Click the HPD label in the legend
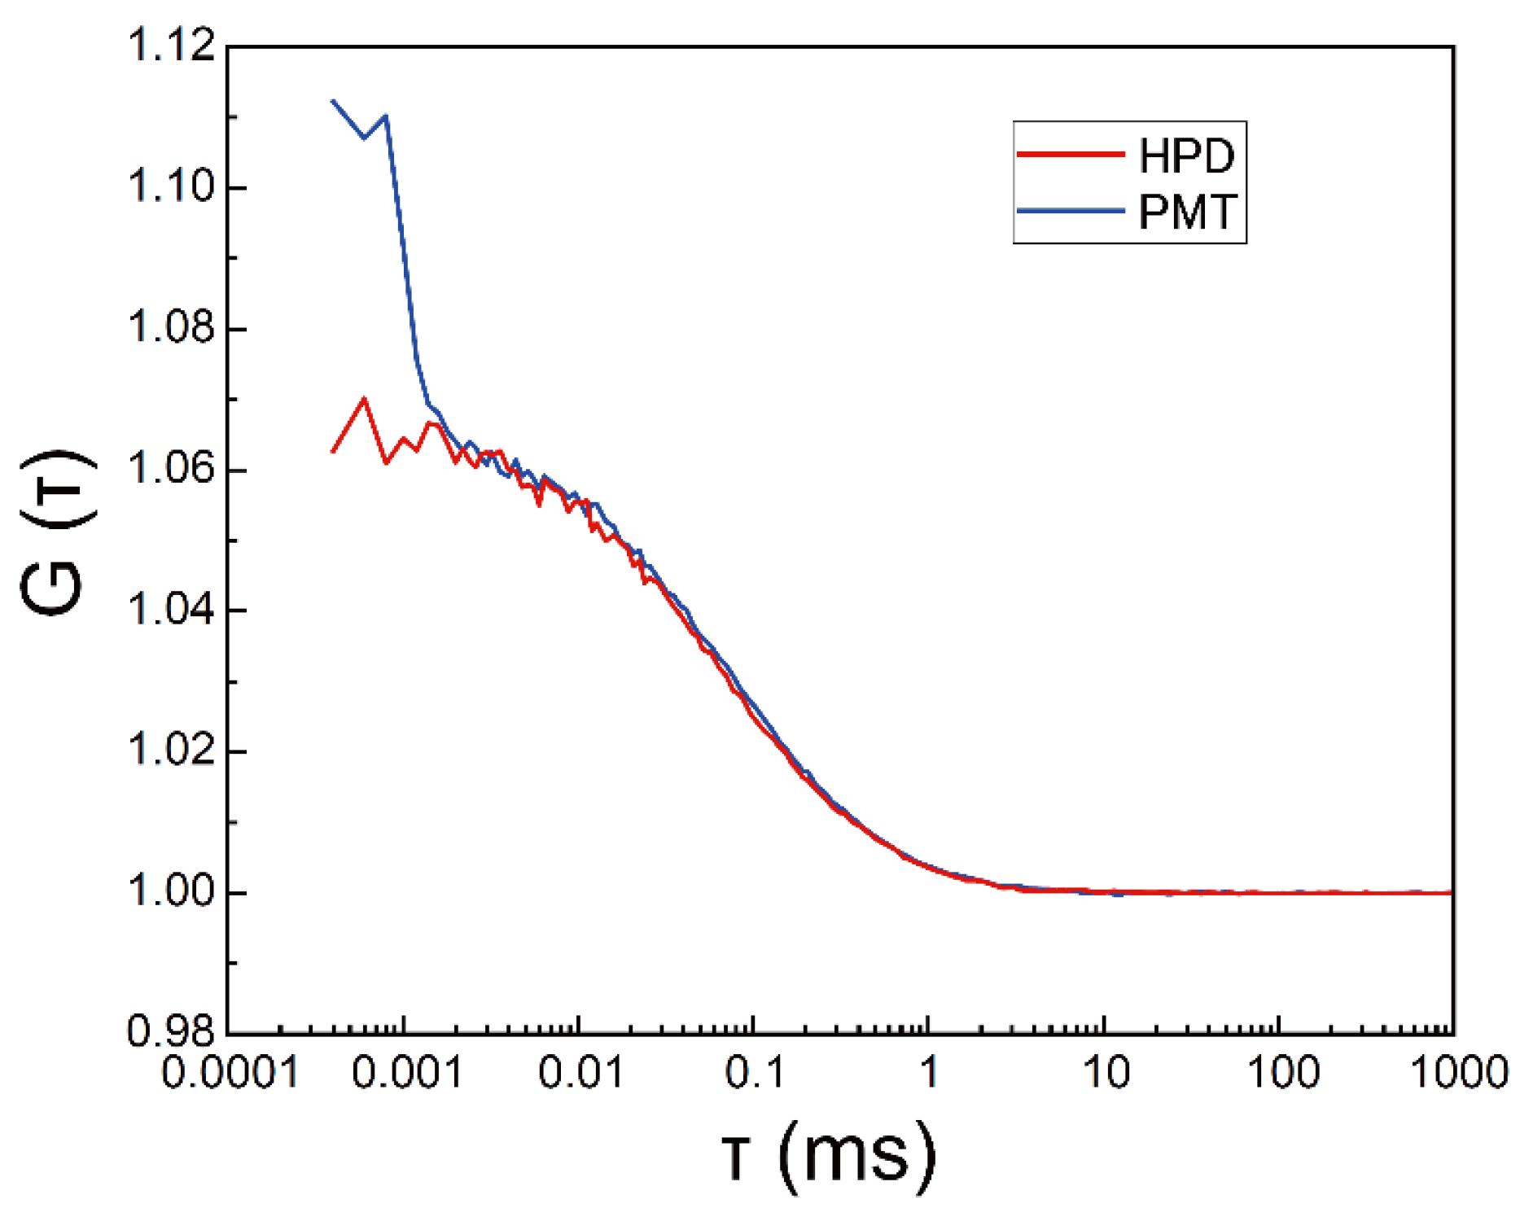tap(1186, 155)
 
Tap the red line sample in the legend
tap(1071, 154)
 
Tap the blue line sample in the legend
tap(1071, 210)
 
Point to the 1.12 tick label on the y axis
tap(171, 46)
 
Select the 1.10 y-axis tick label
tap(171, 186)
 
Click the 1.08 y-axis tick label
tap(171, 327)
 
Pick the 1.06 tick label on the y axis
tap(171, 469)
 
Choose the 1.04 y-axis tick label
tap(171, 610)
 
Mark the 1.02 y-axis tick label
tap(171, 751)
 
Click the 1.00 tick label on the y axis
tap(171, 891)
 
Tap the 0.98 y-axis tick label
tap(171, 1032)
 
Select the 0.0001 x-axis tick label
tap(230, 1072)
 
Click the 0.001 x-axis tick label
tap(407, 1072)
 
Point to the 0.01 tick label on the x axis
tap(580, 1072)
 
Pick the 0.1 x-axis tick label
tap(755, 1072)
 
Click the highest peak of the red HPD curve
tap(364, 399)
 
